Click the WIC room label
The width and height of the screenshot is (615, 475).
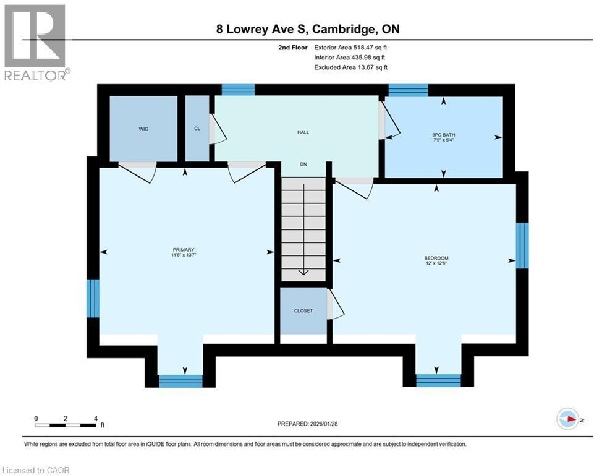point(143,129)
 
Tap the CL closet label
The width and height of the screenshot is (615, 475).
point(197,129)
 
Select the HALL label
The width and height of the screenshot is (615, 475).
point(303,132)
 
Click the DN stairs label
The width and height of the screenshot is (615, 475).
point(303,164)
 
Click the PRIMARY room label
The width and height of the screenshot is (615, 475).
point(187,250)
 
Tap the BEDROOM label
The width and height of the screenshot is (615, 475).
point(436,258)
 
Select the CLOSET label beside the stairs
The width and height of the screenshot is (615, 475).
point(303,311)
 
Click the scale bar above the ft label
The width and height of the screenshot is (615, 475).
point(64,426)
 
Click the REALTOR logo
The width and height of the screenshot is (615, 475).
point(36,42)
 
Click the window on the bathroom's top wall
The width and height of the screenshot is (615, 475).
point(408,90)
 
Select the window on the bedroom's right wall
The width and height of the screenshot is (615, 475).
point(522,246)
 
